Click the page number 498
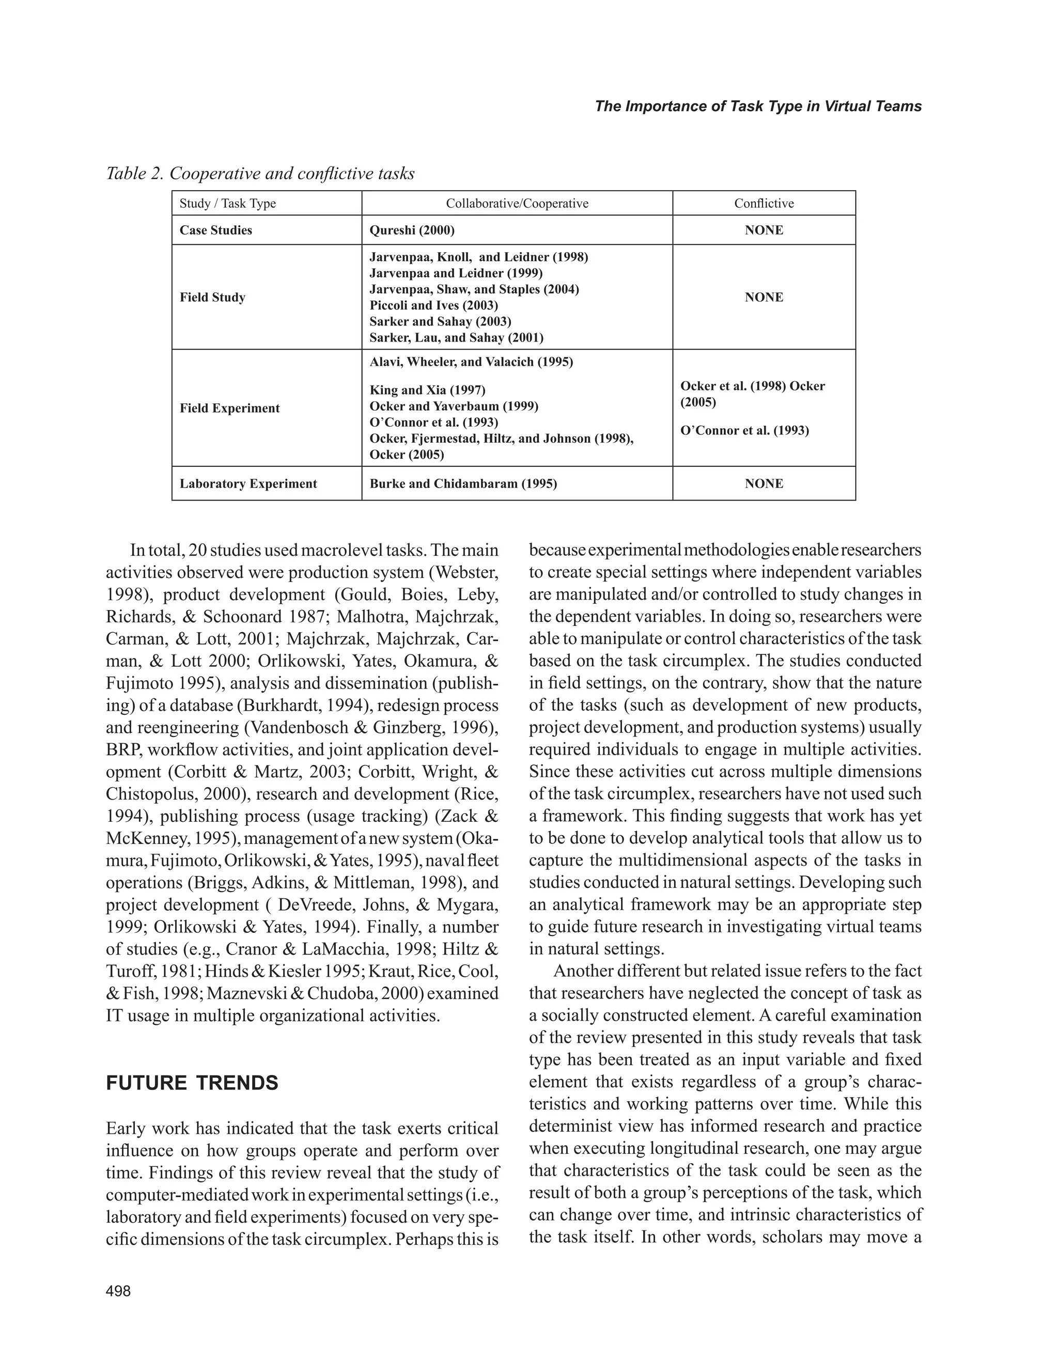coord(118,1291)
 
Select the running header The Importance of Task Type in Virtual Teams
coord(758,106)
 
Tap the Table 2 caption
coord(260,173)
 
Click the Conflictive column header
coord(764,204)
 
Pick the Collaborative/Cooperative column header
coord(517,204)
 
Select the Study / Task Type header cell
coord(227,204)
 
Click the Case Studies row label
coord(215,230)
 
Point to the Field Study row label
coord(212,297)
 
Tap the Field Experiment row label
coord(229,408)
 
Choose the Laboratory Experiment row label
coord(248,484)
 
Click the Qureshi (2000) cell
coord(412,230)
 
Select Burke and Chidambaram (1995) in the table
coord(463,484)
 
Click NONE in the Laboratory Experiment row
coord(764,484)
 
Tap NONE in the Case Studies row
coord(764,230)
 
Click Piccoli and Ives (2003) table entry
coord(433,305)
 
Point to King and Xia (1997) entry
coord(427,390)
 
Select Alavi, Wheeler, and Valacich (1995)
coord(471,362)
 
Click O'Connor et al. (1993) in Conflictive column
coord(744,430)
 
